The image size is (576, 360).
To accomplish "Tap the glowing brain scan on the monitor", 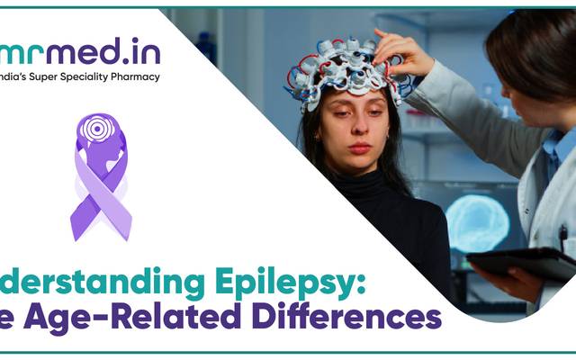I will click(477, 220).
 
